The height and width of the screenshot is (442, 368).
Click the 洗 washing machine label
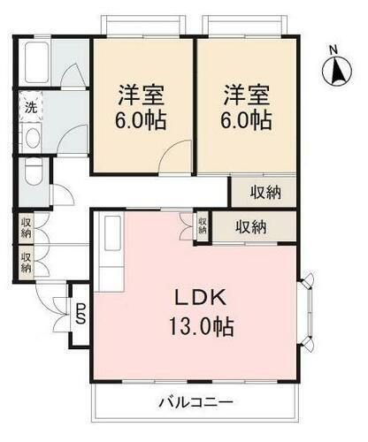tap(29, 109)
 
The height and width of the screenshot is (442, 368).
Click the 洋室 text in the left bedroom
tap(142, 92)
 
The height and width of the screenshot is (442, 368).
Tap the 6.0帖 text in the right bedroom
tap(245, 121)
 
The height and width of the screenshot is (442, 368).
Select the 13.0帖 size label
tap(202, 327)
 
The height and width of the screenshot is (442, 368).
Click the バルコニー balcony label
tap(195, 402)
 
